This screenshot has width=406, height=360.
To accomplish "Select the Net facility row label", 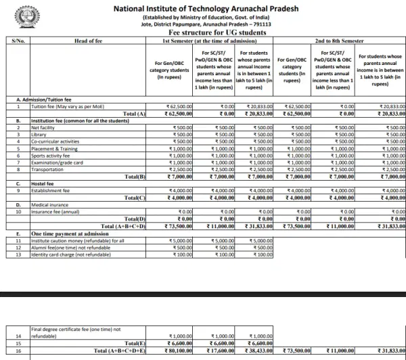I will point(43,128).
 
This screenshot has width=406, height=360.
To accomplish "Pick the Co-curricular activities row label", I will point(55,141).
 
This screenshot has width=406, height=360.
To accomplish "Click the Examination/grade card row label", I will point(58,162).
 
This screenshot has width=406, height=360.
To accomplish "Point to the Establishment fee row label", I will point(49,191).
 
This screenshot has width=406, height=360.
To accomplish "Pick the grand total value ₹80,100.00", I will point(179,351).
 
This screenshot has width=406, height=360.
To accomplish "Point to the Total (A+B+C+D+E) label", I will point(120,351).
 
